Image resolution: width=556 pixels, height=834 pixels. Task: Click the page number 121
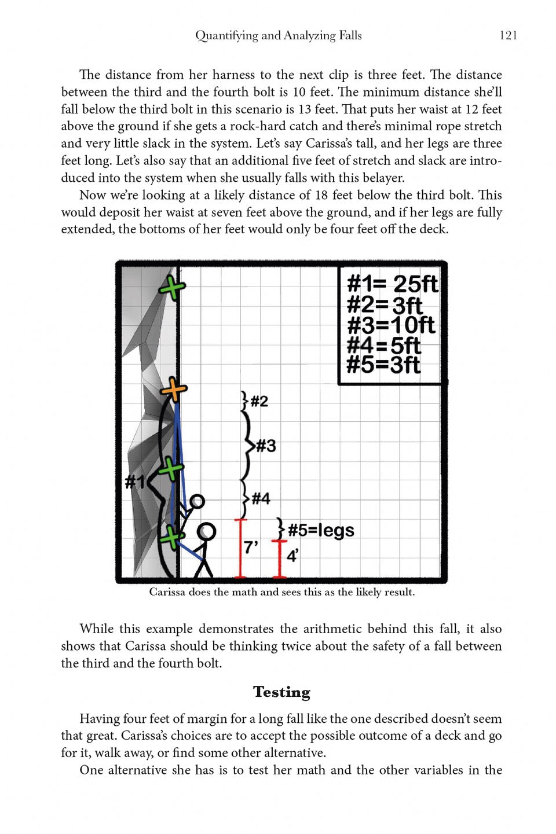(x=508, y=35)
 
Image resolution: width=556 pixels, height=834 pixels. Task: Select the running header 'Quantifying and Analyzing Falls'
(x=278, y=35)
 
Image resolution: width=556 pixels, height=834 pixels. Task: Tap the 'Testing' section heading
(x=281, y=692)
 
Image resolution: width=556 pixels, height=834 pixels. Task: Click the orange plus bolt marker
(x=173, y=391)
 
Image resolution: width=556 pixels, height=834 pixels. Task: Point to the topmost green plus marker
(x=172, y=287)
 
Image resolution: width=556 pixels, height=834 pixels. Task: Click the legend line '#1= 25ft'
(x=392, y=284)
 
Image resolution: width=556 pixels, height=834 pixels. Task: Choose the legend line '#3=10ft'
(x=390, y=325)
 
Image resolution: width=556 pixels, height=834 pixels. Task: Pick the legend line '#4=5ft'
(x=383, y=346)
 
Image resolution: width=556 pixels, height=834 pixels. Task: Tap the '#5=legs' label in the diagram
(x=321, y=530)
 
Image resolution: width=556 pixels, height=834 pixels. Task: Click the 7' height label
(x=251, y=546)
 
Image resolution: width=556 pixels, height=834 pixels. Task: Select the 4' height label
(x=292, y=556)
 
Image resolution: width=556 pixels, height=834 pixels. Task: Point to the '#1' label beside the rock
(x=134, y=481)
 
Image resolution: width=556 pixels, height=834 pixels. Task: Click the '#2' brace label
(x=259, y=401)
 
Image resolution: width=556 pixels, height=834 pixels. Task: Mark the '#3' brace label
(x=266, y=446)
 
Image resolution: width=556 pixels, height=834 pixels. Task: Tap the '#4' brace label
(x=261, y=498)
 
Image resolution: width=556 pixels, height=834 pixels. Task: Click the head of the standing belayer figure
(x=206, y=531)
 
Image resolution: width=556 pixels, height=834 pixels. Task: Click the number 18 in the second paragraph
(x=322, y=195)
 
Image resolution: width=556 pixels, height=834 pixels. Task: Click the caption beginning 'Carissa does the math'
(x=281, y=592)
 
